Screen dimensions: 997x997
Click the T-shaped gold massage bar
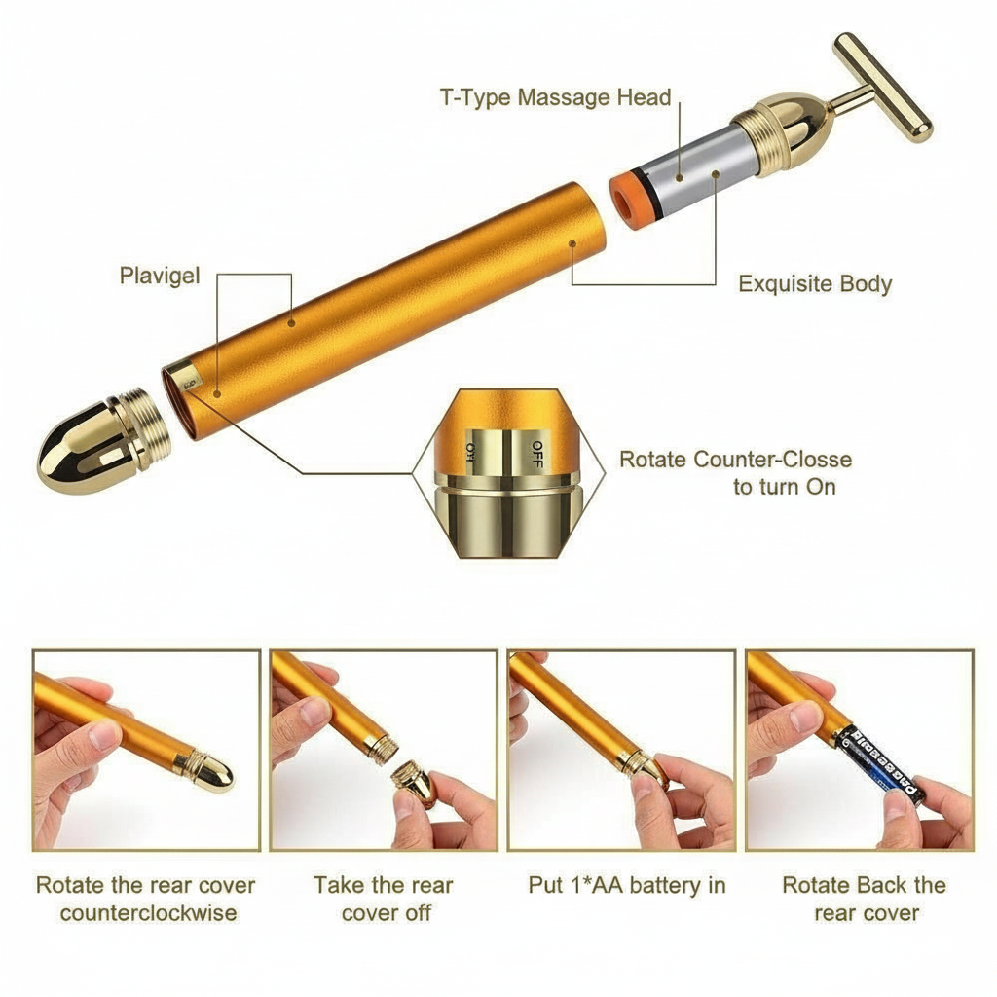[x=882, y=87]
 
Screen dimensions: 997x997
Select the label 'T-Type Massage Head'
[x=555, y=97]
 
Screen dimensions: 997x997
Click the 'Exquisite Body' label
[x=815, y=284]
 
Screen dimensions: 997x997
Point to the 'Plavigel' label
[x=160, y=276]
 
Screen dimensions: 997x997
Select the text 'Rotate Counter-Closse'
[x=735, y=460]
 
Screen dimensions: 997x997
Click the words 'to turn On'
[x=784, y=487]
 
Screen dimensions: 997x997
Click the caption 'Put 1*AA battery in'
[x=626, y=885]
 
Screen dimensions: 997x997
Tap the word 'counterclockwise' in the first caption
[x=148, y=913]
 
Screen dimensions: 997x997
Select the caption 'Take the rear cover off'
[x=383, y=899]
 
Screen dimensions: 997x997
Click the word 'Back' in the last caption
[x=881, y=885]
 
